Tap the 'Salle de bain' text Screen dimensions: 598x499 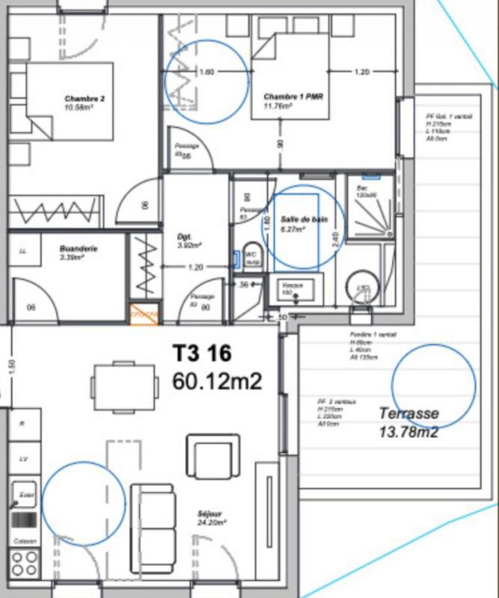tap(304, 218)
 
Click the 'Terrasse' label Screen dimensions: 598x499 tap(408, 413)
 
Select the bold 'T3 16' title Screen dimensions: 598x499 tap(202, 353)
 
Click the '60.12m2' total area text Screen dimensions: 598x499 tap(217, 381)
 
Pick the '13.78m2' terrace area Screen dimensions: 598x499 tap(408, 431)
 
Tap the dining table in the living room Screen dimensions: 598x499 tap(125, 386)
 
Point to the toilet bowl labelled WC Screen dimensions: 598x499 tap(251, 253)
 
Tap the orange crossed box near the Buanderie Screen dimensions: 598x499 tap(144, 315)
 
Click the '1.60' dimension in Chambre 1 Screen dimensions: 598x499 tap(207, 73)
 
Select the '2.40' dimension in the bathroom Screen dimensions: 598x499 tap(334, 240)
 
